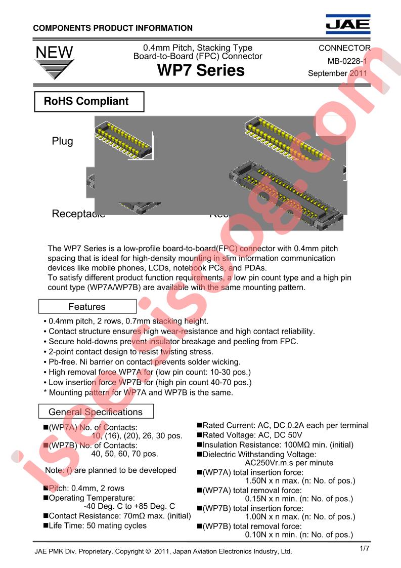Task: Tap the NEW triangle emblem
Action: point(54,62)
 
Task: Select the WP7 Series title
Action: point(201,70)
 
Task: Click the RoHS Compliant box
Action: point(88,101)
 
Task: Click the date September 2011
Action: point(338,73)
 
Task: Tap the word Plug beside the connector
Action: point(62,141)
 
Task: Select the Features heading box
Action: point(87,307)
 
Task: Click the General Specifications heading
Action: point(96,412)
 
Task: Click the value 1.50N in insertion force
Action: point(257,480)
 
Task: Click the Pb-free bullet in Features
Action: point(142,362)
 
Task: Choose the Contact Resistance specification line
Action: point(119,516)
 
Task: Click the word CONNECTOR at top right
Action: point(344,49)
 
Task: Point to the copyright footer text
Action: point(163,551)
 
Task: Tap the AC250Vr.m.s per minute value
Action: point(289,462)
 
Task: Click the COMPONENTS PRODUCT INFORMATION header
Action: point(113,28)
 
